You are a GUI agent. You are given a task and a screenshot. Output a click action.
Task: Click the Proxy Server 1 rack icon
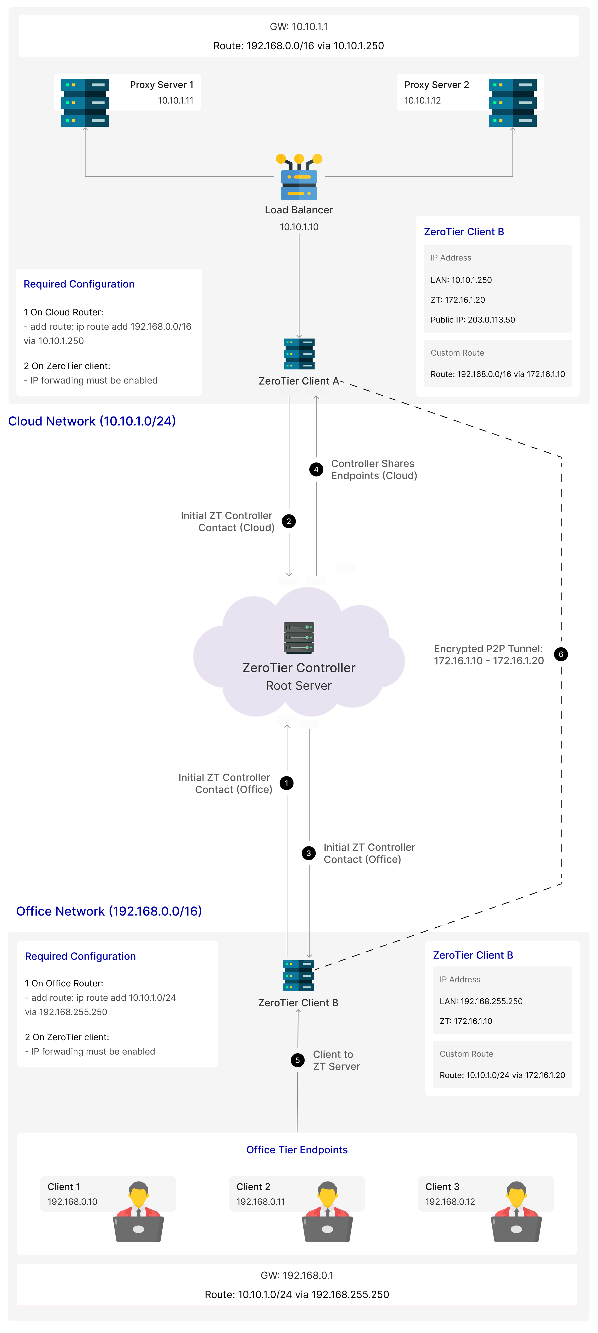[85, 103]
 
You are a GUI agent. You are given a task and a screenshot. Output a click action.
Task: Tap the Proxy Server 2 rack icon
[513, 103]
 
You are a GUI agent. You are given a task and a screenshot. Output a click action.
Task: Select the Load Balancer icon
[299, 177]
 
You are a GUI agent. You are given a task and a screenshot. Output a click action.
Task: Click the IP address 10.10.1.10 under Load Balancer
[299, 227]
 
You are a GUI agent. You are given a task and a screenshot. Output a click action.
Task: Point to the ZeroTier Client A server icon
[299, 354]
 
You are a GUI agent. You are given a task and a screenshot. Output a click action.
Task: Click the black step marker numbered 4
[316, 469]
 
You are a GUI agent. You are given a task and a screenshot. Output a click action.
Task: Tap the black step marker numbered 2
[289, 521]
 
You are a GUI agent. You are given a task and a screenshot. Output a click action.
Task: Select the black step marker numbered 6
[561, 654]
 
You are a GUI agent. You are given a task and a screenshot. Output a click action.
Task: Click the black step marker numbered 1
[287, 783]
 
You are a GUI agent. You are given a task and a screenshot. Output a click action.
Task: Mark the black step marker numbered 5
[297, 1060]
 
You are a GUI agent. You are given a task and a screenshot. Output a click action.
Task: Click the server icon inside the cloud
[299, 638]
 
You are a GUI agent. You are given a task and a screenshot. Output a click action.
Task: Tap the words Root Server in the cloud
[299, 686]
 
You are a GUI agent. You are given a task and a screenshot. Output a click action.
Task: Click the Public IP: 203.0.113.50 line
[473, 320]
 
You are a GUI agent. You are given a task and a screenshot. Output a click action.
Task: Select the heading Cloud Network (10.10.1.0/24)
[92, 421]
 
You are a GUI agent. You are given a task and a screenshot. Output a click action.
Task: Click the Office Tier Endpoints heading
[297, 1150]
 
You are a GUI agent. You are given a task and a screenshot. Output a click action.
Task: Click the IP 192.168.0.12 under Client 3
[450, 1202]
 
